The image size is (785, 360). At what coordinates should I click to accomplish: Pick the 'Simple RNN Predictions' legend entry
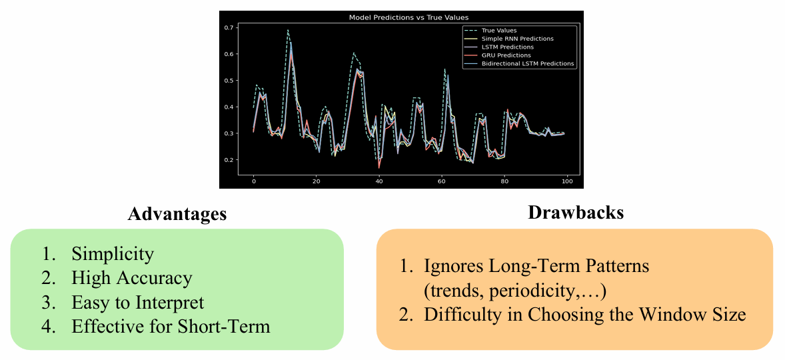pyautogui.click(x=509, y=39)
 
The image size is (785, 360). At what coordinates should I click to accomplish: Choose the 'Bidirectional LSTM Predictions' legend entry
pyautogui.click(x=519, y=63)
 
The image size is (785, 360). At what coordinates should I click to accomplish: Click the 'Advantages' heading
pyautogui.click(x=177, y=214)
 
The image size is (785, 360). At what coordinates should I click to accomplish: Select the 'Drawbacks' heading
pyautogui.click(x=576, y=212)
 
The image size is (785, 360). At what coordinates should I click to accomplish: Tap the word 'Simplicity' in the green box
pyautogui.click(x=113, y=255)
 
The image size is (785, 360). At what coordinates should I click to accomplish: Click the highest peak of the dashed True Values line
pyautogui.click(x=288, y=30)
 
